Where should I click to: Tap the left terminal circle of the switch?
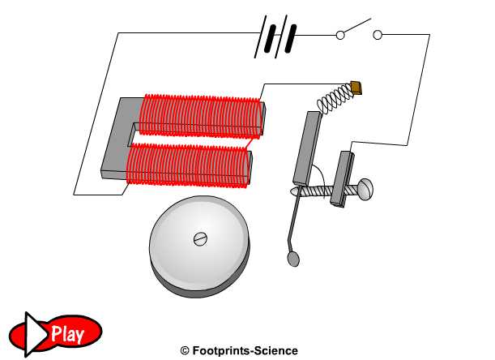click(339, 35)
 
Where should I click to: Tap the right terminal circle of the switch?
click(377, 35)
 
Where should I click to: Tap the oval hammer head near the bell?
click(293, 259)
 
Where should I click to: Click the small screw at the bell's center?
click(199, 238)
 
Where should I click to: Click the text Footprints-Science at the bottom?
click(245, 351)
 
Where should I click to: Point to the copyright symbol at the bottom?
click(185, 351)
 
